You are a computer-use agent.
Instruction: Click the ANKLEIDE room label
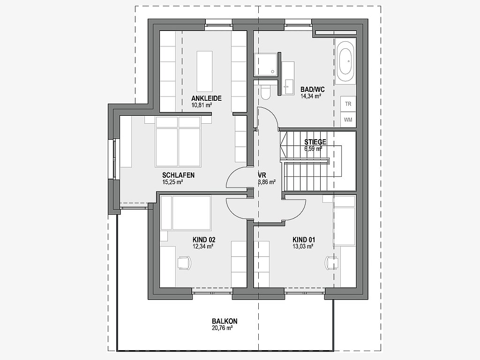[x=206, y=98]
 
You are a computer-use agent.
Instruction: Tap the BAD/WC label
[x=312, y=90]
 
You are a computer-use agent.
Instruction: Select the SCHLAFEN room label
[x=178, y=175]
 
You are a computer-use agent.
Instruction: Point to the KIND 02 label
[x=204, y=240]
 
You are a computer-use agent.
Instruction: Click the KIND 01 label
[x=304, y=240]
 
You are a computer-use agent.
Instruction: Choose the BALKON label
[x=225, y=322]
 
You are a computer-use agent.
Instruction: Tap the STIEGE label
[x=315, y=142]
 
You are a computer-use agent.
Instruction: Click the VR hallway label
[x=262, y=175]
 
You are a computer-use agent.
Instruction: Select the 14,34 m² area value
[x=311, y=96]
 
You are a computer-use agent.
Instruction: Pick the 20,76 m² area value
[x=222, y=328]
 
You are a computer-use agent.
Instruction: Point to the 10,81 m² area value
[x=202, y=105]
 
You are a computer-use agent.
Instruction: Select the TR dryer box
[x=348, y=104]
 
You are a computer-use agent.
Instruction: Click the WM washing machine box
[x=348, y=120]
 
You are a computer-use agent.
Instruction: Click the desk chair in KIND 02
[x=184, y=263]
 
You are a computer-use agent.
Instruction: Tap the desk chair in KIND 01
[x=332, y=263]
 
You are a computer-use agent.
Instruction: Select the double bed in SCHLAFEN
[x=178, y=142]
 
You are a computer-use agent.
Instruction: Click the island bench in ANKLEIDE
[x=204, y=71]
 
